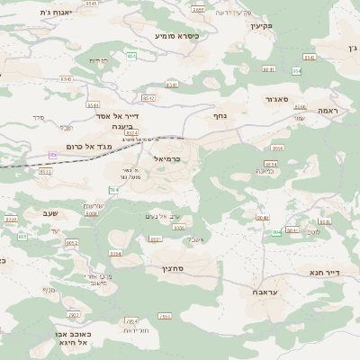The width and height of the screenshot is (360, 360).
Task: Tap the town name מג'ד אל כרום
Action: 88,146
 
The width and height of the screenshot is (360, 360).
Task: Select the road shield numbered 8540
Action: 67,79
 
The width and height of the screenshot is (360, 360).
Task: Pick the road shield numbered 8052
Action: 72,243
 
